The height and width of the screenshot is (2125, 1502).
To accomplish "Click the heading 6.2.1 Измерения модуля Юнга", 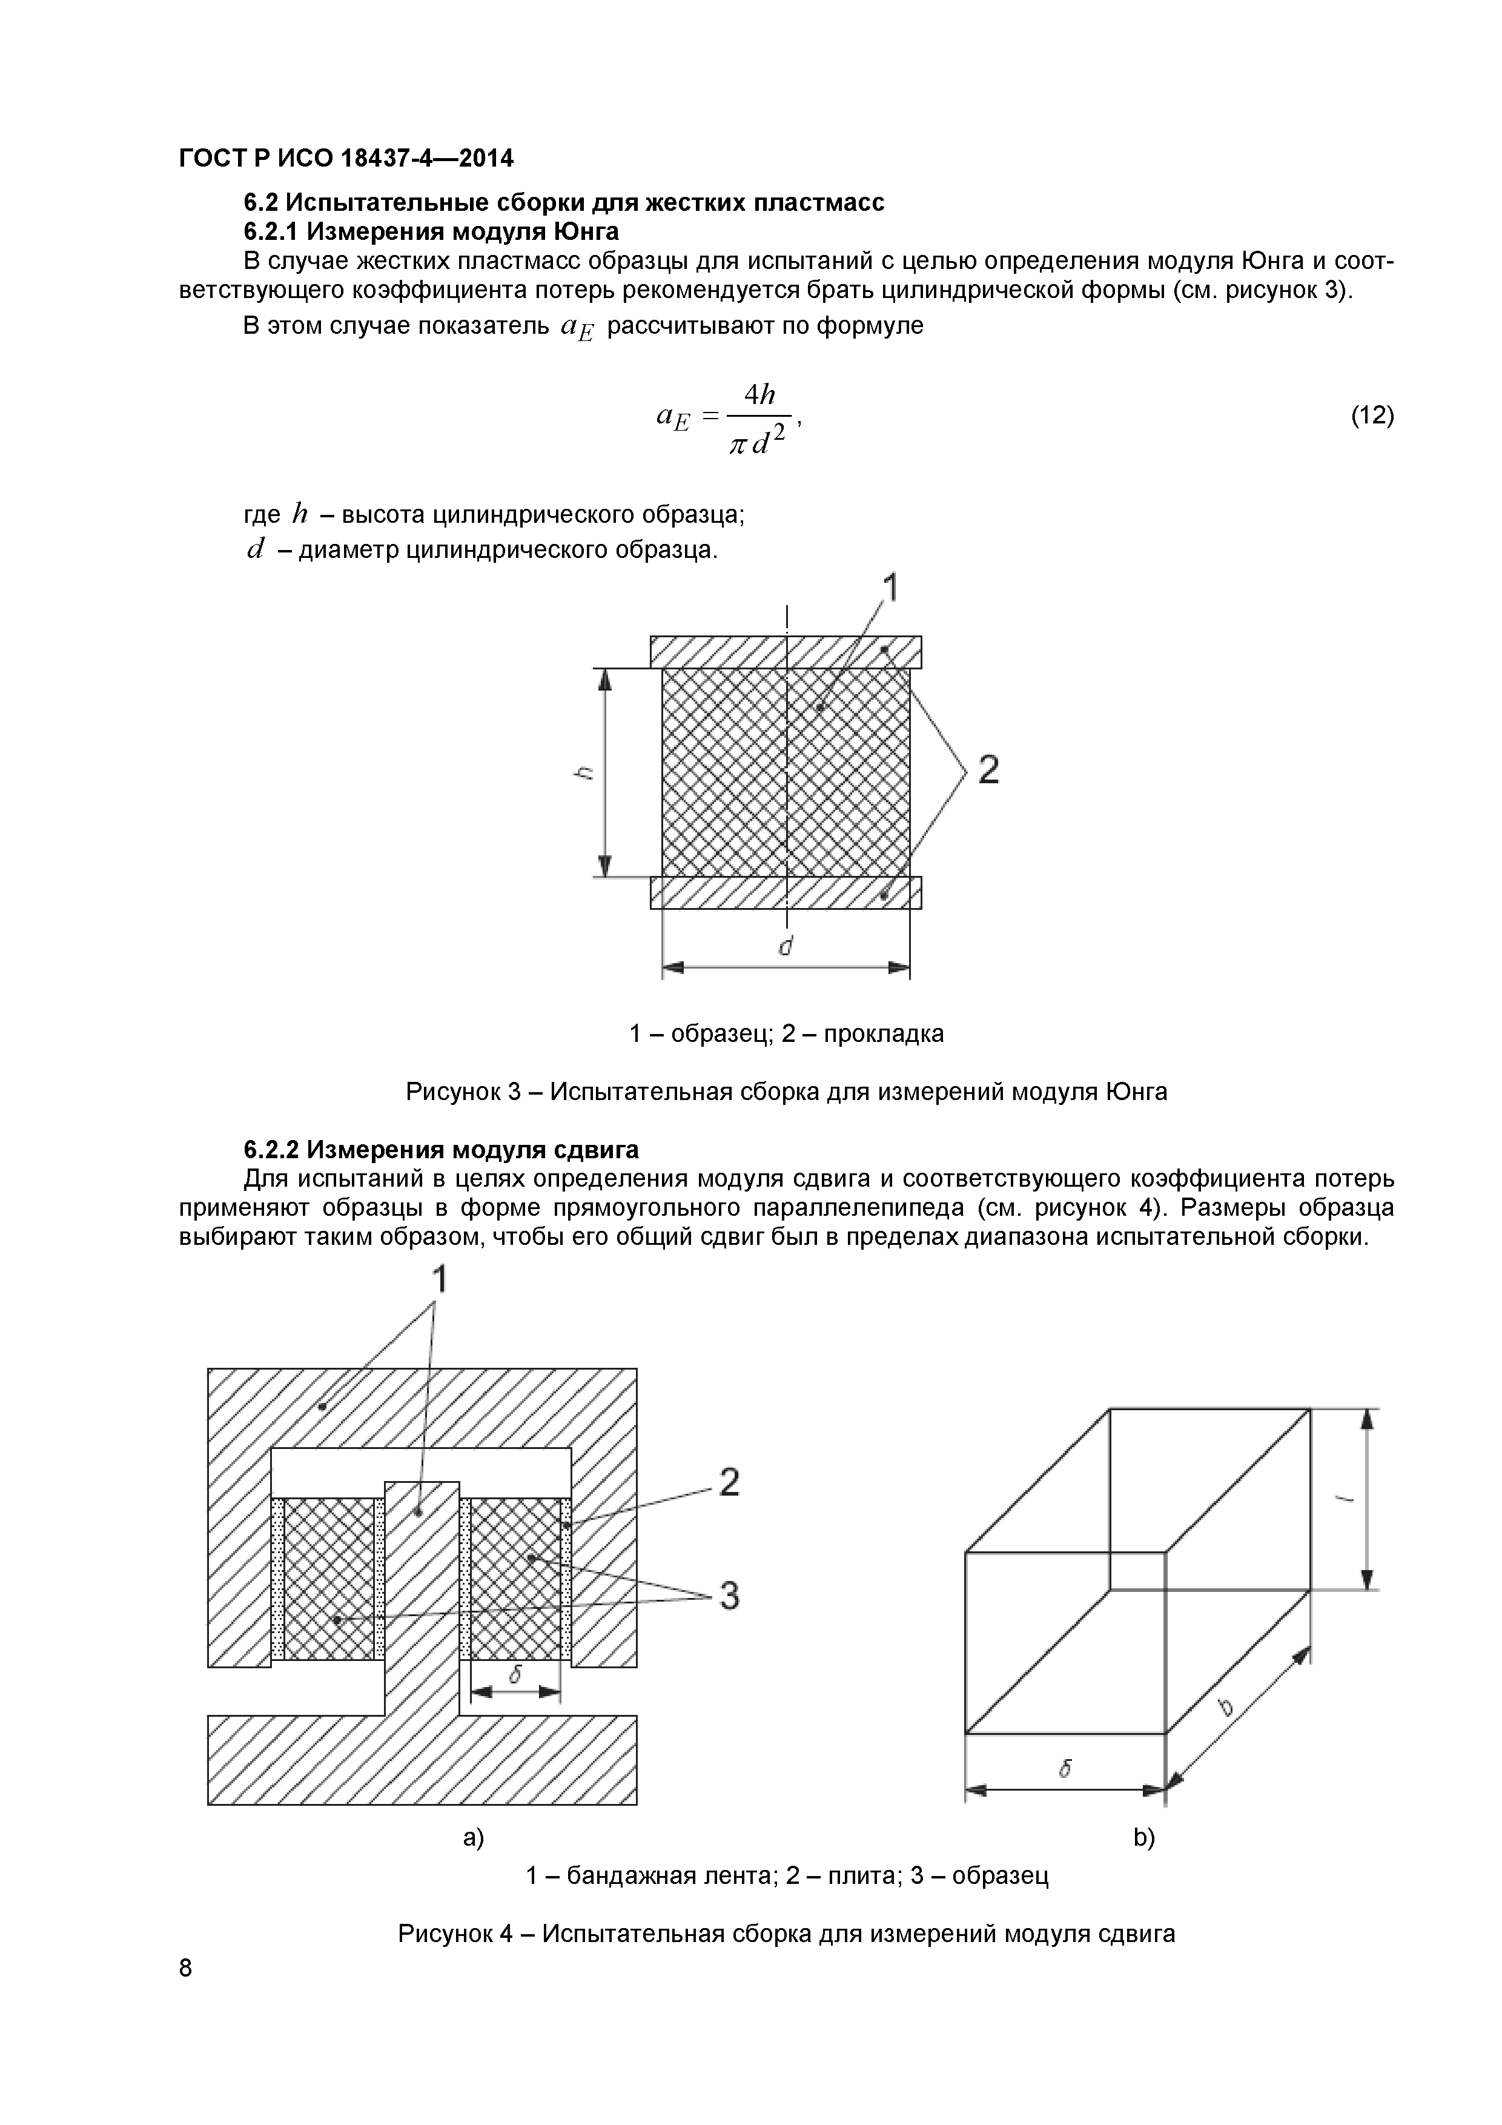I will pyautogui.click(x=431, y=230).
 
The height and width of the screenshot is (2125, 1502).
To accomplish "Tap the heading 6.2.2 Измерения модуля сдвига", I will pyautogui.click(x=440, y=1150).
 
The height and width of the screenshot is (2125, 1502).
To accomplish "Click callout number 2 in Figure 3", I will pyautogui.click(x=988, y=770).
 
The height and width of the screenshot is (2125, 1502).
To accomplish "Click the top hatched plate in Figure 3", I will pyautogui.click(x=722, y=652).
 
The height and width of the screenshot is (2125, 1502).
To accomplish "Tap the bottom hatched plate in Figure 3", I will pyautogui.click(x=722, y=892).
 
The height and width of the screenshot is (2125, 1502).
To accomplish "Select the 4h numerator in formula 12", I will pyautogui.click(x=760, y=394).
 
